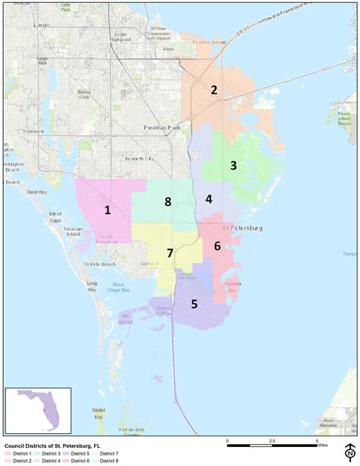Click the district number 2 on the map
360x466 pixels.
(x=214, y=90)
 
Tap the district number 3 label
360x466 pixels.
(x=234, y=166)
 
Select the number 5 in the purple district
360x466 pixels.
(x=194, y=304)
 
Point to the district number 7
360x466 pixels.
(x=170, y=253)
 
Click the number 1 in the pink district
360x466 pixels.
(x=108, y=211)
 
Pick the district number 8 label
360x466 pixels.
(x=168, y=202)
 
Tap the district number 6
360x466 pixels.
(x=217, y=246)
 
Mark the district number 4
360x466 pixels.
(x=209, y=199)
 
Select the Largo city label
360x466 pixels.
(x=42, y=24)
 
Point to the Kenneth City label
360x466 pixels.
(x=139, y=159)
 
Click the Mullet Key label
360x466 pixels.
(x=98, y=412)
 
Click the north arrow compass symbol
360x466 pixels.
(x=349, y=451)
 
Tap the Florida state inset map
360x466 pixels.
(x=38, y=410)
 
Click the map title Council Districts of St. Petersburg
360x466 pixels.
(x=52, y=447)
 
